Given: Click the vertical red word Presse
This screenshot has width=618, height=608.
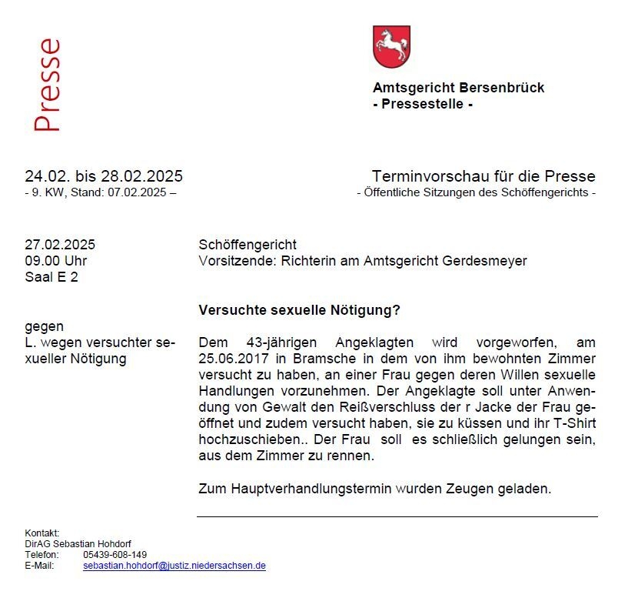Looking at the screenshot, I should (47, 85).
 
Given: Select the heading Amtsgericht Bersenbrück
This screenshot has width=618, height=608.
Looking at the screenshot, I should (458, 88).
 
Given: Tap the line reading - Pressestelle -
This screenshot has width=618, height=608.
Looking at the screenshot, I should (422, 104).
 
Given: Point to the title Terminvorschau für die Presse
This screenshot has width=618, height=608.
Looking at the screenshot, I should (483, 176).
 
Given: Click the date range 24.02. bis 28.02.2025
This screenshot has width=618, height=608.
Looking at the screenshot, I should (104, 176).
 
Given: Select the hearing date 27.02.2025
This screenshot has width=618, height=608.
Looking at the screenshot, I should (60, 245).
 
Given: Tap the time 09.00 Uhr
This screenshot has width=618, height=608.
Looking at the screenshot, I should (56, 261).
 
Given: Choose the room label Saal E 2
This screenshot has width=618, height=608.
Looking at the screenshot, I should (51, 277).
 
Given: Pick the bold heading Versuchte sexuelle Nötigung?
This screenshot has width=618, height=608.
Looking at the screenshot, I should (300, 311).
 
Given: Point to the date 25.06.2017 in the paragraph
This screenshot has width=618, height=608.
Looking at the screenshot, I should (231, 359).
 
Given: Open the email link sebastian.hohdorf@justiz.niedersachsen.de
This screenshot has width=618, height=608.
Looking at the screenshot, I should (174, 565).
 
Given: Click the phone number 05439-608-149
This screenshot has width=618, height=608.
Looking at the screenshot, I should (115, 554).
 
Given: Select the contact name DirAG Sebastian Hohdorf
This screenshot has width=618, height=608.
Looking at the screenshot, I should (78, 544).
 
